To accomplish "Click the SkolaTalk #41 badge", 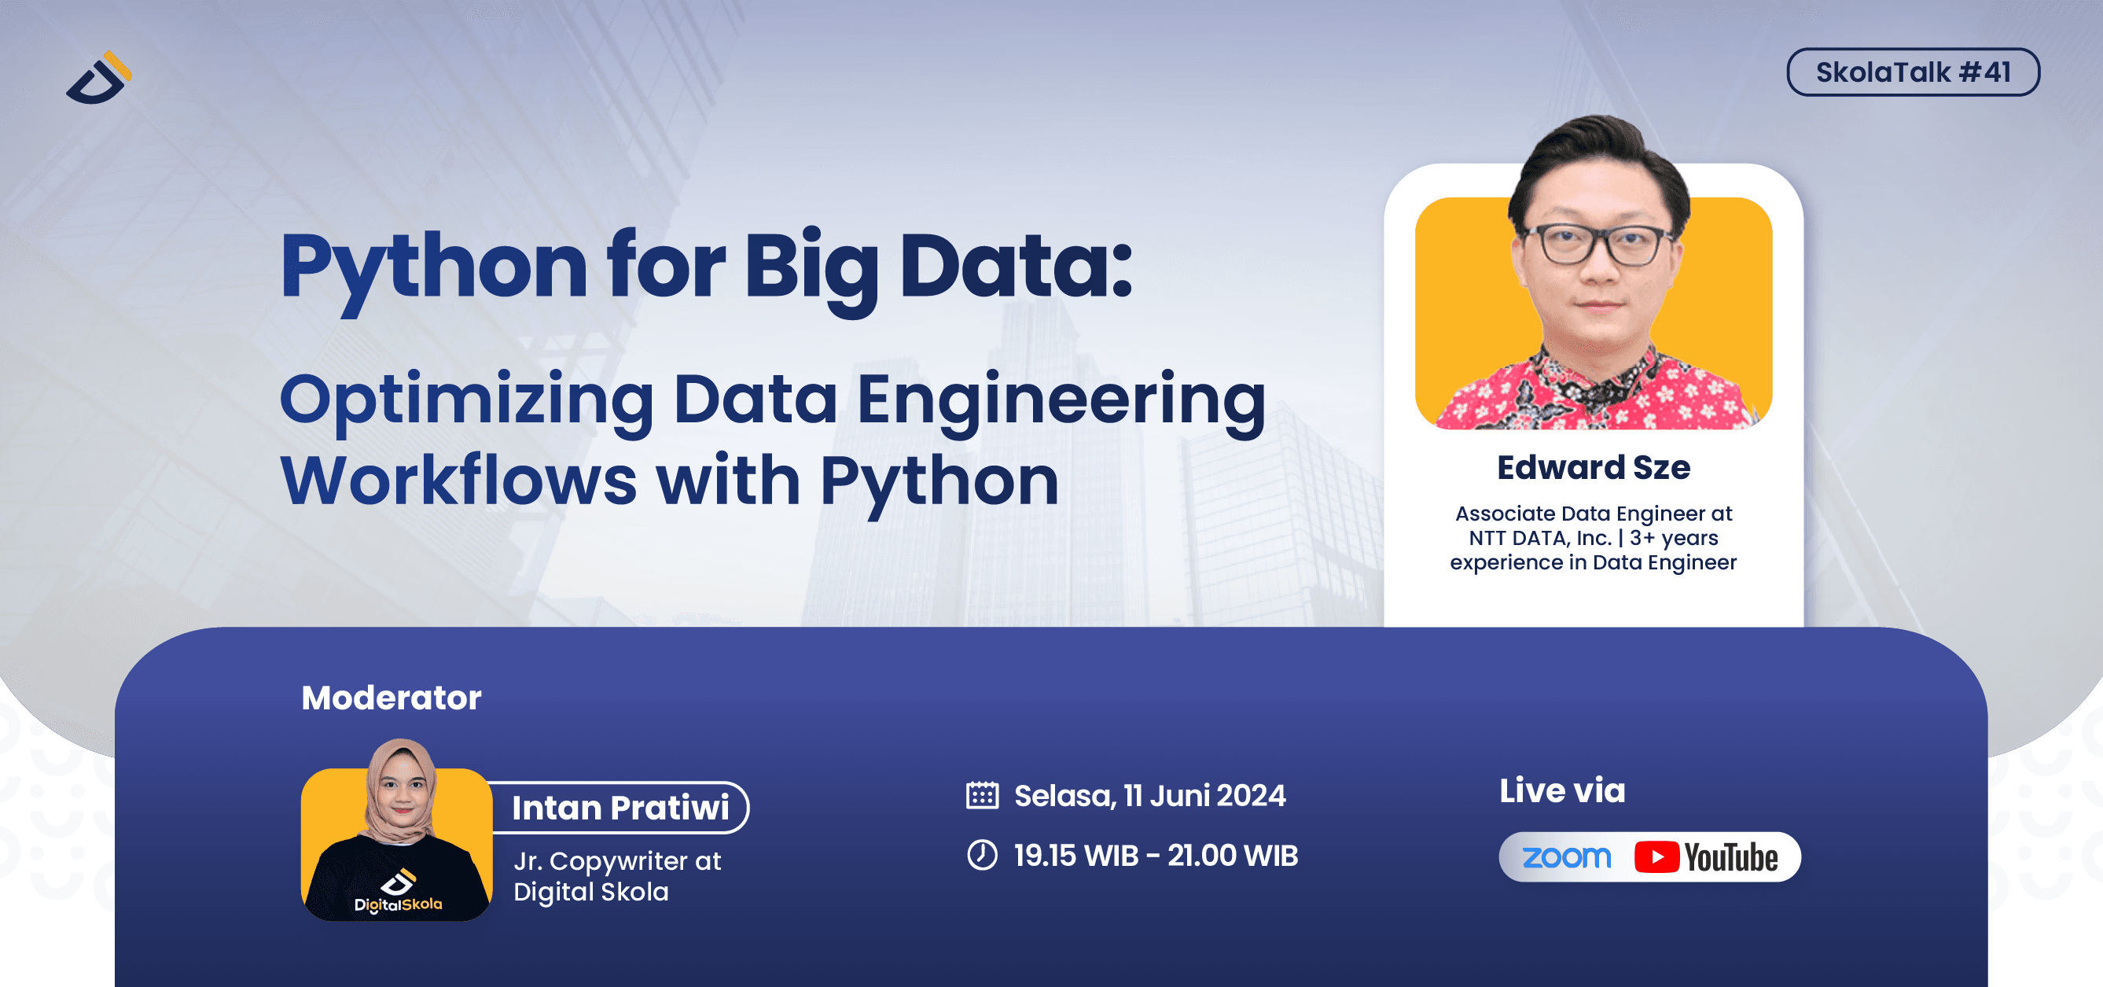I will [1912, 72].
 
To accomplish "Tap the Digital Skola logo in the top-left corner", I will [99, 79].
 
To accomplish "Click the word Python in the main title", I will [432, 266].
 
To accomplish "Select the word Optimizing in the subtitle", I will [466, 400].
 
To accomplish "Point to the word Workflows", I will [458, 481].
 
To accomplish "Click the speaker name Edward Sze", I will [1593, 468].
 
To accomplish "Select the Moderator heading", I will [391, 698].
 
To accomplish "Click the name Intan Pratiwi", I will [620, 808].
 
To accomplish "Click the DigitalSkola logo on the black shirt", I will [399, 893].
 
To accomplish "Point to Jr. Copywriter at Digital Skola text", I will [616, 876].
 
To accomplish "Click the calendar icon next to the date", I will [982, 795].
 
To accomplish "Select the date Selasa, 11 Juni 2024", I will [1149, 796].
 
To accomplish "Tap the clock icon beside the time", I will [982, 856].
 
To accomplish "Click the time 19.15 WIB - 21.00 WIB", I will [1155, 856].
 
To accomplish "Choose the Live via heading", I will [1562, 790].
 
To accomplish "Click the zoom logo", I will [1567, 857].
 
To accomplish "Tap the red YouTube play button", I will [1656, 857].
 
